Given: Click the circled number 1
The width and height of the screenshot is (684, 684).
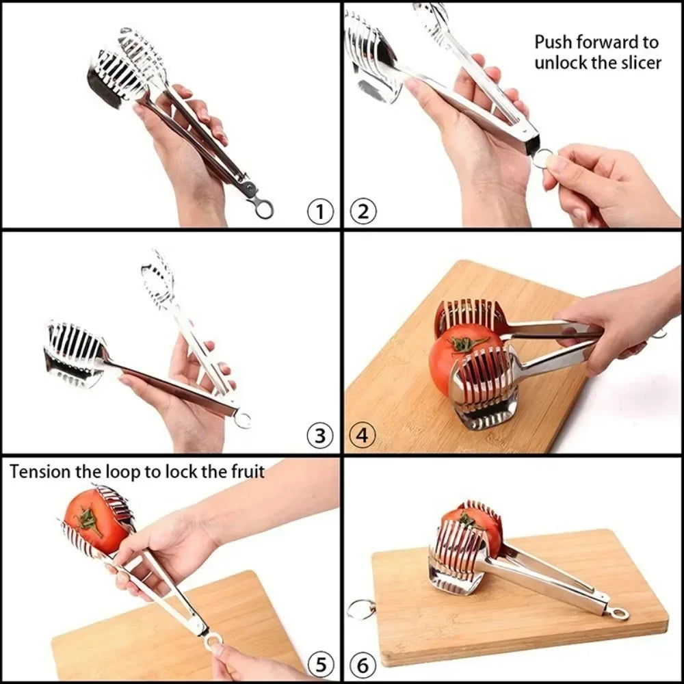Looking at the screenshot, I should click(319, 212).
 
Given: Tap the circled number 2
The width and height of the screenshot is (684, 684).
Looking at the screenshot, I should click(363, 212).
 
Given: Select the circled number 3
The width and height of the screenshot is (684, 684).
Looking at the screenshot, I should click(319, 436).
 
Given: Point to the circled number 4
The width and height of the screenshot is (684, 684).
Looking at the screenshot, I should click(363, 436).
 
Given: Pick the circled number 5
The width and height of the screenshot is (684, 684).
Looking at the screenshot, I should click(319, 664).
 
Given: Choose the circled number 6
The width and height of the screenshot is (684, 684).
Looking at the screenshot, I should click(363, 664).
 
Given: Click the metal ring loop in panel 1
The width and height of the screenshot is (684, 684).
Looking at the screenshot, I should click(263, 208).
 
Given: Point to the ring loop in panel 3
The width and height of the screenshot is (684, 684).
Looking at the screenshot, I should click(242, 419).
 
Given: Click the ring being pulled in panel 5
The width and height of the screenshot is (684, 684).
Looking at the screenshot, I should click(213, 641).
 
